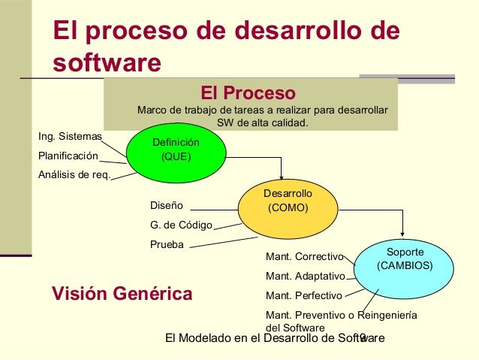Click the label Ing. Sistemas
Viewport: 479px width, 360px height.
[x=70, y=137]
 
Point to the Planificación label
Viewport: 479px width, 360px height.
[x=68, y=156]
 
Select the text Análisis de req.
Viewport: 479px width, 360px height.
[x=74, y=176]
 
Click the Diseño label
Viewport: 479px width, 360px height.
[x=167, y=204]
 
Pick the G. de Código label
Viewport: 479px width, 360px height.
[x=182, y=225]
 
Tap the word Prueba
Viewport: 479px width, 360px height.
[x=167, y=244]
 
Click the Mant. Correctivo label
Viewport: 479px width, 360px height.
[x=304, y=256]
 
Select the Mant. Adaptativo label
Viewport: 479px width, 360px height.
[x=305, y=276]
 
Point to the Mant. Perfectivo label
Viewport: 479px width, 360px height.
[x=304, y=295]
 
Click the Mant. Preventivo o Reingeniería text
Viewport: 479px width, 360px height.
[x=341, y=315]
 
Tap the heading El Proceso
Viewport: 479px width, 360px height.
[x=248, y=94]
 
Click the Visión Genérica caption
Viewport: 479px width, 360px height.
[x=122, y=292]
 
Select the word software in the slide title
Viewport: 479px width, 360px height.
[x=106, y=62]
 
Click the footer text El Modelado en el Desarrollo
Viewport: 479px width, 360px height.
[x=248, y=338]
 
